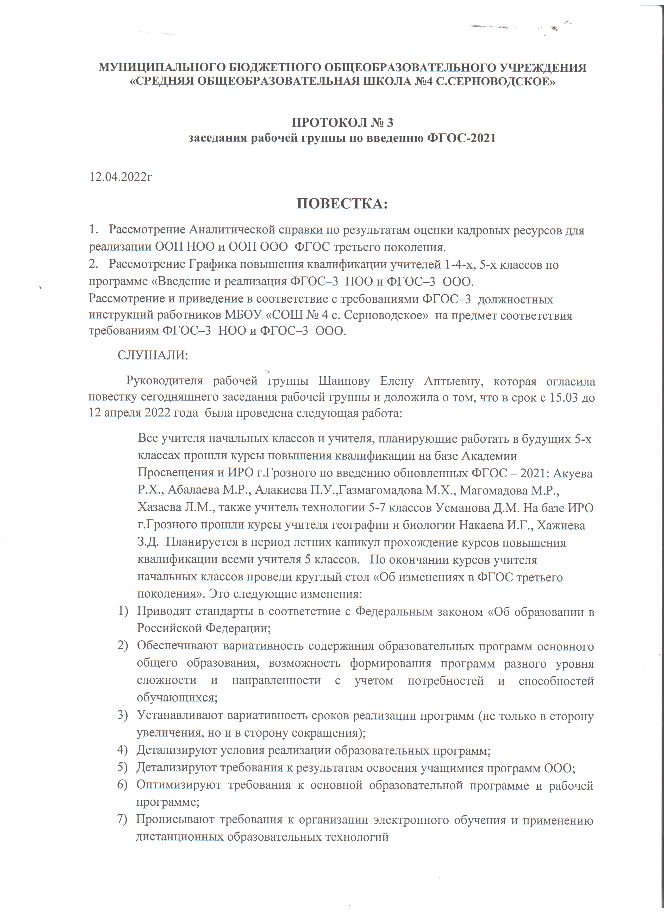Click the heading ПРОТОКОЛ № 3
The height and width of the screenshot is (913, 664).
click(x=342, y=122)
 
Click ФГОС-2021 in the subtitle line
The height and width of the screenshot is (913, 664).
click(x=461, y=138)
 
